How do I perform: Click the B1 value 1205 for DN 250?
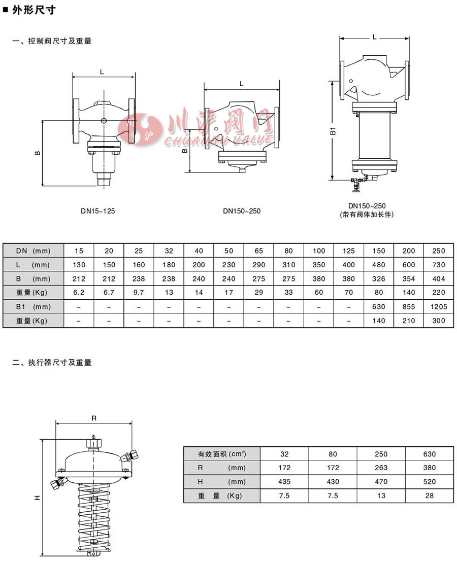pos(439,307)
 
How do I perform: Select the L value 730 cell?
pos(439,265)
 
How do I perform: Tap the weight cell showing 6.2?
pos(79,293)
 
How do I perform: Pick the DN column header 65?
pos(258,251)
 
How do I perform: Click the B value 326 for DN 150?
pos(379,279)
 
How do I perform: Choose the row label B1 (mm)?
pos(33,307)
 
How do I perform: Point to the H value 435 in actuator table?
pos(284,482)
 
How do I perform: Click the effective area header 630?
pos(429,454)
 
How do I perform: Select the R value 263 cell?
pos(381,468)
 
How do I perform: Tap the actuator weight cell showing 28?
pos(429,496)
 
